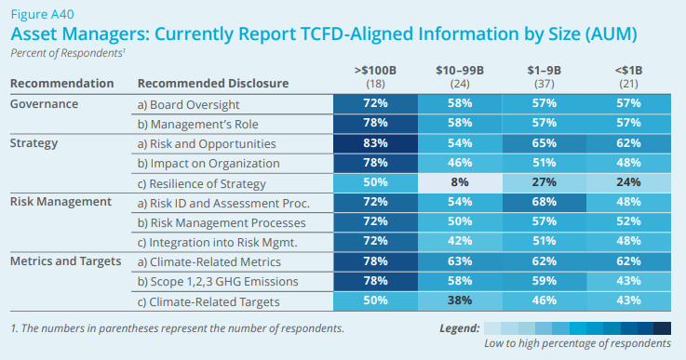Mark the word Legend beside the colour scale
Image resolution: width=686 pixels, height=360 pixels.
click(460, 327)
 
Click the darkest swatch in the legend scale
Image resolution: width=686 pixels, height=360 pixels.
click(662, 327)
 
